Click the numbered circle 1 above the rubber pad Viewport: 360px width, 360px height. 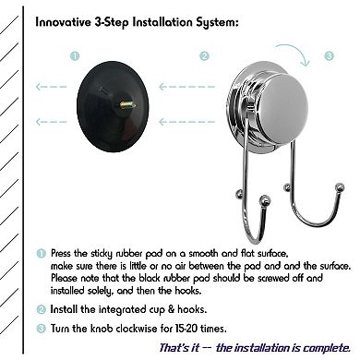coord(75,56)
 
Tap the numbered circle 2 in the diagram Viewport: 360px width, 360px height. coord(204,56)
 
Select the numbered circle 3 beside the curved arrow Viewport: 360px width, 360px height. coord(329,56)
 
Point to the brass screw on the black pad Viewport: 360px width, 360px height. coord(127,105)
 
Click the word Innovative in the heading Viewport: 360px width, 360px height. coord(63,22)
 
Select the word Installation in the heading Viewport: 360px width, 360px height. coord(162,22)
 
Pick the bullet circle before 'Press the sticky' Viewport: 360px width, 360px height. coord(41,254)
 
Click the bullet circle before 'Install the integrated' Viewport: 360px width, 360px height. coord(41,309)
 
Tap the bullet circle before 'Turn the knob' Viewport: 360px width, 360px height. coord(41,329)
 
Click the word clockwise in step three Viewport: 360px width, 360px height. coord(137,329)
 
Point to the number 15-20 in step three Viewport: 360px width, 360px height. coord(186,329)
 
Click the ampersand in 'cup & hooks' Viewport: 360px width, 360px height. coord(171,309)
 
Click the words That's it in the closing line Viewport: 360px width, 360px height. coord(179,348)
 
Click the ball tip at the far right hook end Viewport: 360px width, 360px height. coord(340,187)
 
